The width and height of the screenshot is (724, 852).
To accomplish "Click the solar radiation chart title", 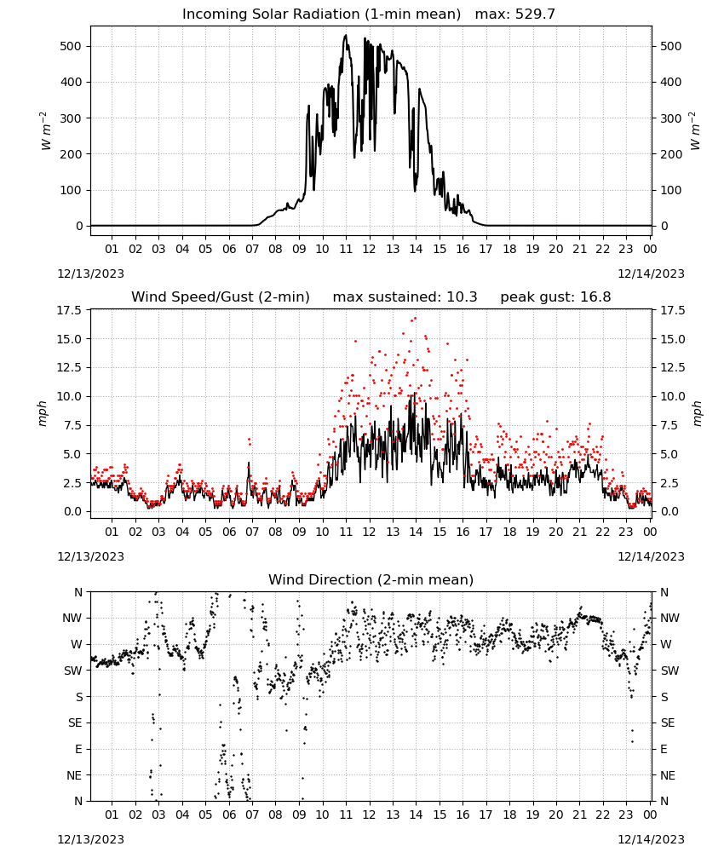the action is tap(369, 14).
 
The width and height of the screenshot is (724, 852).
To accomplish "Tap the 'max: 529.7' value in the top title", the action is tap(515, 14).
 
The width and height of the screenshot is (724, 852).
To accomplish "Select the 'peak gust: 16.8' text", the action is tap(555, 297).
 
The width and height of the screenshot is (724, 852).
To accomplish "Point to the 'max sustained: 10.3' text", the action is tap(405, 297).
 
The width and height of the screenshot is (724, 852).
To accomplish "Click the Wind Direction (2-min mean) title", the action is tap(371, 579).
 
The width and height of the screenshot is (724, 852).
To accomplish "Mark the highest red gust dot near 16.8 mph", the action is tap(416, 319).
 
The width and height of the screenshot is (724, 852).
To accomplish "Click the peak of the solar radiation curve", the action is tap(346, 35).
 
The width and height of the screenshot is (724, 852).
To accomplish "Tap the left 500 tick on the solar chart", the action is tap(71, 46).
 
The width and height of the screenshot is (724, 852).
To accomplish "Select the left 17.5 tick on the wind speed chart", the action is tap(69, 310).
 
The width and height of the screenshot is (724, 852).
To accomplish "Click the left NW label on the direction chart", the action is tap(72, 619).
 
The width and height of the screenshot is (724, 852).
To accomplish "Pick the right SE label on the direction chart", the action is tap(668, 723).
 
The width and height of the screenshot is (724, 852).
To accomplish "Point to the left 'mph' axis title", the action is tap(43, 413).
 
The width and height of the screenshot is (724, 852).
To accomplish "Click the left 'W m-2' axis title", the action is tap(45, 131).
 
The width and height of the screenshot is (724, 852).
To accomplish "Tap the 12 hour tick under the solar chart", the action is tap(370, 249).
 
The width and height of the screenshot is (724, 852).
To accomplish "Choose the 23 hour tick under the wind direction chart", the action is tap(626, 815).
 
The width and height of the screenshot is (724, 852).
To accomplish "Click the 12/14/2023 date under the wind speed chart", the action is tap(651, 556).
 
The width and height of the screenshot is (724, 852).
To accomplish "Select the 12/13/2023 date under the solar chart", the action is tap(90, 273).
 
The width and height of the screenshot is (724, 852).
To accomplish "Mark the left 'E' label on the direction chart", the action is tap(78, 749).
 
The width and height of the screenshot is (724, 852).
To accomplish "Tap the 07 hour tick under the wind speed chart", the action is tap(252, 532).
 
